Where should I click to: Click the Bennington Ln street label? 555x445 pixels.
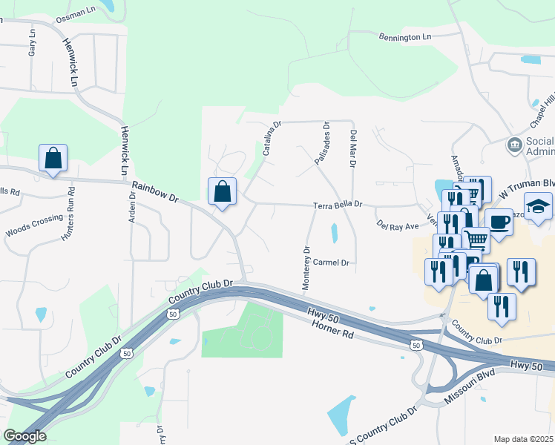pos(404,36)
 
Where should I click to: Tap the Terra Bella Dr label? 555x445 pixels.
pos(337,204)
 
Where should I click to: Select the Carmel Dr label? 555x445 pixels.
pos(330,263)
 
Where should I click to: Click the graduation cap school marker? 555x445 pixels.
pos(539,205)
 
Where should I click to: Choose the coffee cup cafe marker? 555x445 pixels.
pos(499,222)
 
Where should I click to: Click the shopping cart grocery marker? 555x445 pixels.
pos(476,239)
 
